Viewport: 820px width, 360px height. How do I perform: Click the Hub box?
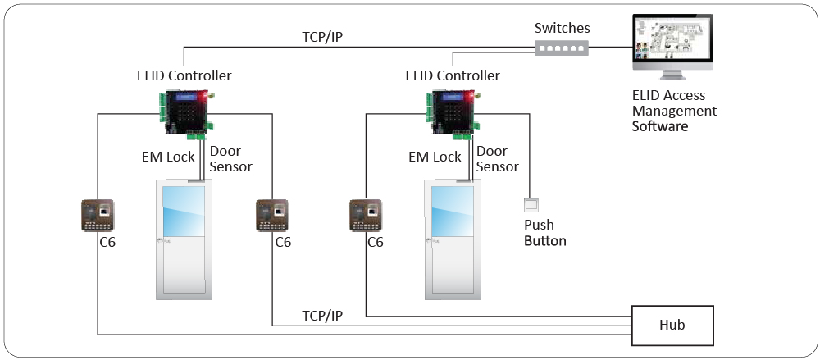672,325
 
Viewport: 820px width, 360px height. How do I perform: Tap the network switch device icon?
562,48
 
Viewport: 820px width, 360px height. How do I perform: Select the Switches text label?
562,28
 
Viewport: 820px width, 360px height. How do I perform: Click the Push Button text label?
544,233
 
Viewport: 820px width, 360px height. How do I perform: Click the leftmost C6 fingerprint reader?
98,216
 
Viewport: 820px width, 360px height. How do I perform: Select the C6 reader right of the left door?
272,216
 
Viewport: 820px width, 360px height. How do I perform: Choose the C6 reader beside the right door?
366,216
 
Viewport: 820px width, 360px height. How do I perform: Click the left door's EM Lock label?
168,157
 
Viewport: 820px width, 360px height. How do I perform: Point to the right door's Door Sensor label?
497,159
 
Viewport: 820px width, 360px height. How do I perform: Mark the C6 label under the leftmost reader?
106,243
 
